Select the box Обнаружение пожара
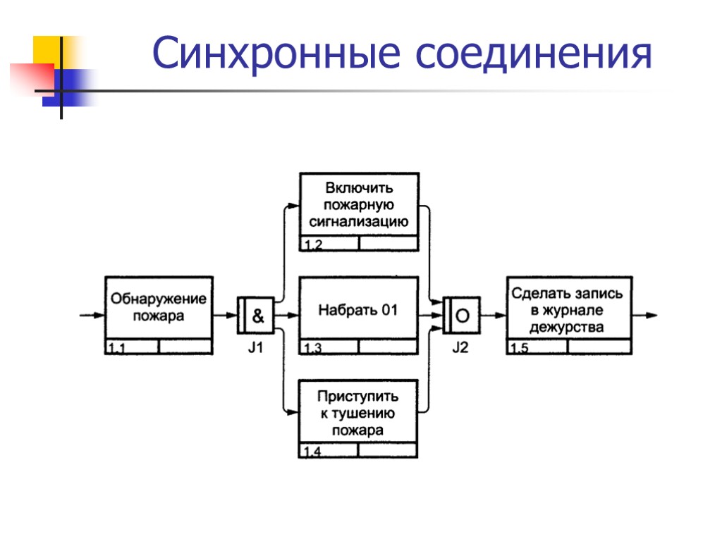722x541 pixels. click(x=159, y=307)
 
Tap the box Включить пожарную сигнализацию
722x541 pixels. click(x=360, y=205)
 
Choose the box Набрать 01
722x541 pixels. click(x=359, y=309)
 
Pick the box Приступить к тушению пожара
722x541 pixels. click(x=358, y=413)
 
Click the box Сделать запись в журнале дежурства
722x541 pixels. click(x=568, y=309)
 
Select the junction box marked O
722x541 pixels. click(x=463, y=316)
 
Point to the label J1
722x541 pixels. click(x=255, y=347)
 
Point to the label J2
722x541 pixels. click(x=460, y=347)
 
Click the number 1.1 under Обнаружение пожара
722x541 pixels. click(x=118, y=348)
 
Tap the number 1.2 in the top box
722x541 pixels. click(x=314, y=245)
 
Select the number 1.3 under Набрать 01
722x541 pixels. click(x=314, y=349)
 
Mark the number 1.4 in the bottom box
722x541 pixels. click(x=314, y=452)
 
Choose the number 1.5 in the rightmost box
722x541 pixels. click(x=519, y=348)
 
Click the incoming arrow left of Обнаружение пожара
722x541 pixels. click(x=92, y=316)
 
